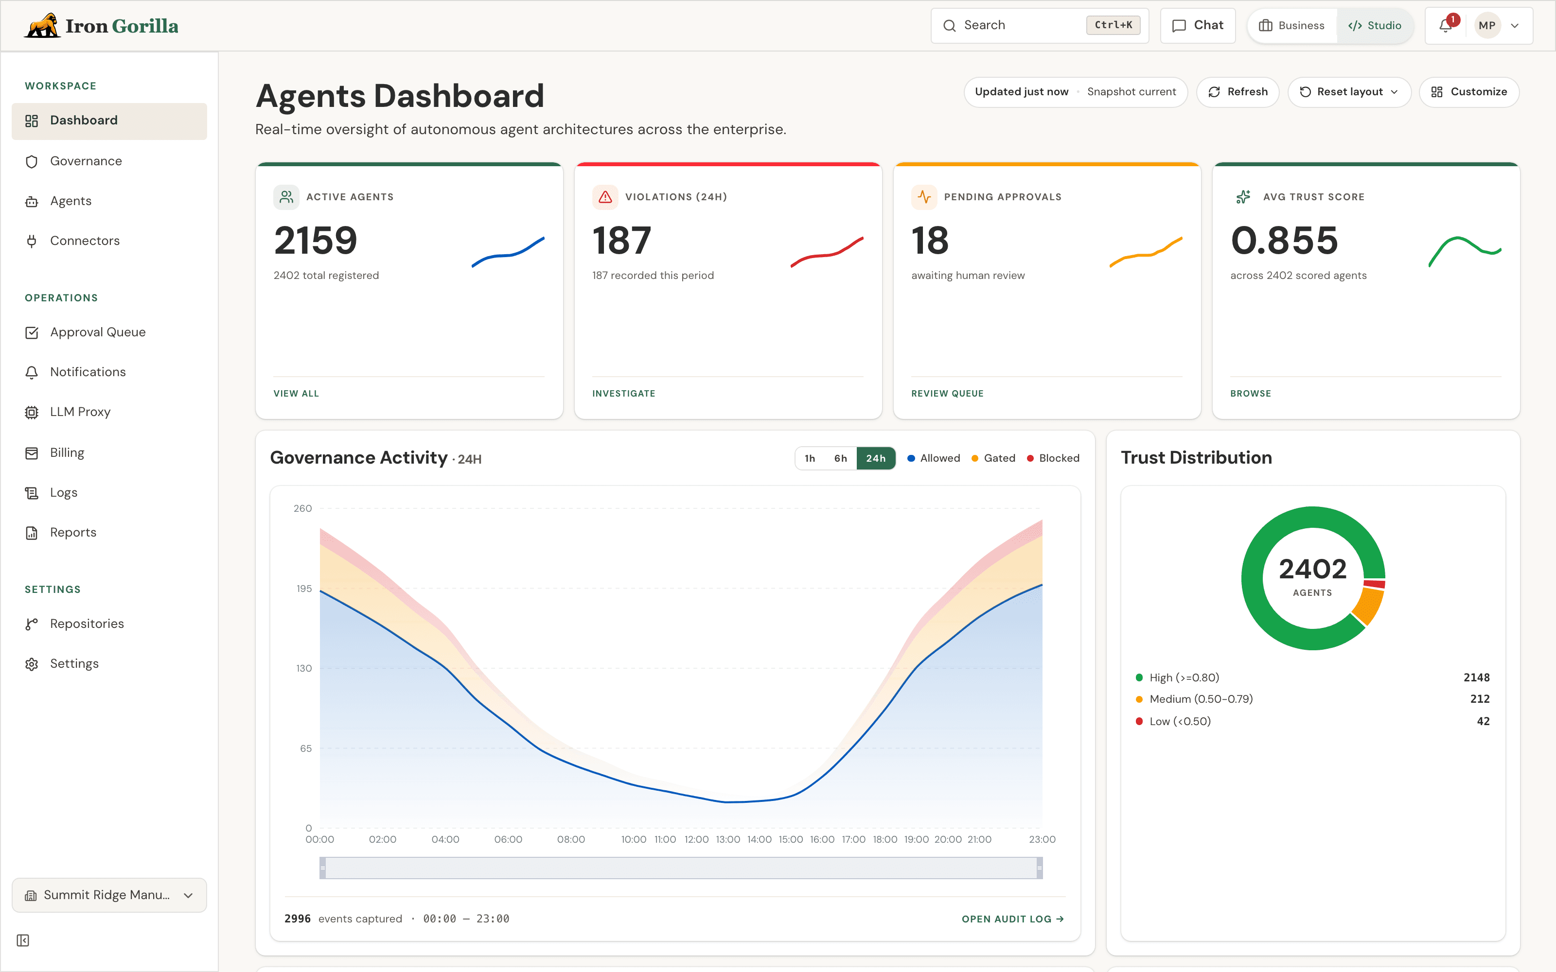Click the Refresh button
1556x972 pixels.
(1237, 92)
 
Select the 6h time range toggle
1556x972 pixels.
(840, 458)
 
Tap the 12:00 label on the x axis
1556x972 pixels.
(696, 840)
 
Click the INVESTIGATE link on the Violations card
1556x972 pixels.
(624, 394)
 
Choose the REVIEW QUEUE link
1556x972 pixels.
(947, 394)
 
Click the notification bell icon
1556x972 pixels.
(1446, 26)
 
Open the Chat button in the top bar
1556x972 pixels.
(1198, 26)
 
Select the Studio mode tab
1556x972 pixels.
(1375, 26)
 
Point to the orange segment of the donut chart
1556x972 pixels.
(1369, 606)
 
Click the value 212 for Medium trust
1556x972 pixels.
(1480, 699)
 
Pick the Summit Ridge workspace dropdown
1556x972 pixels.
(109, 895)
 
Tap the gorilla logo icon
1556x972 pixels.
(42, 26)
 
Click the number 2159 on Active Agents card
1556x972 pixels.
(315, 241)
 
